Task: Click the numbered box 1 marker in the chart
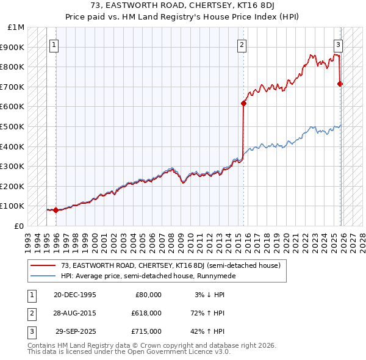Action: coord(55,45)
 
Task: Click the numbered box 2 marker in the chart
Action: coord(242,45)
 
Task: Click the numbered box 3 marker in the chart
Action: coord(337,45)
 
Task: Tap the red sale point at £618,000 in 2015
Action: coord(243,103)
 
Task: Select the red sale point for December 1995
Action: coord(56,210)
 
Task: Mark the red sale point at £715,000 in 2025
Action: coord(340,84)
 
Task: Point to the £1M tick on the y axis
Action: coord(16,27)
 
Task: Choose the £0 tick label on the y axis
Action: coord(20,226)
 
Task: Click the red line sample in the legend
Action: coord(43,266)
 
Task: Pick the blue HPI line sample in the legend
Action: coord(43,276)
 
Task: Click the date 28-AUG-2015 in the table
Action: coord(75,313)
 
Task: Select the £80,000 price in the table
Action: coord(148,295)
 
